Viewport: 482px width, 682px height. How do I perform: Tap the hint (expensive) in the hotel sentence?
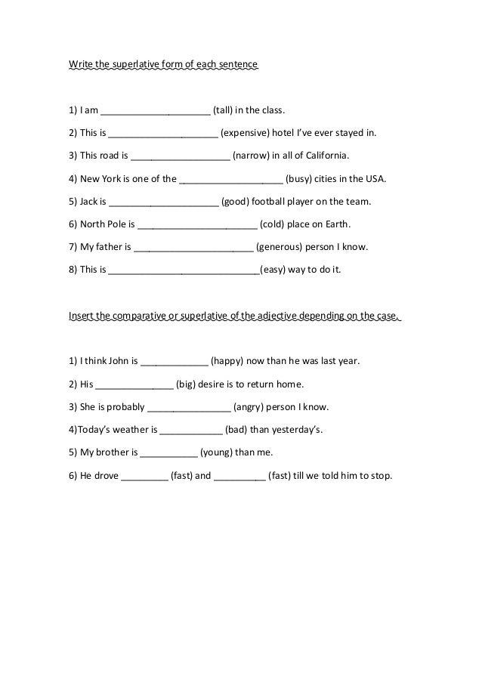[x=246, y=134]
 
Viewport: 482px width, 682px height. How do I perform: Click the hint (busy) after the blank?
[x=300, y=180]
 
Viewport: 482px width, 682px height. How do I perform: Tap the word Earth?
[x=335, y=224]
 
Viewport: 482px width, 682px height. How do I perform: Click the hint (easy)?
[x=274, y=270]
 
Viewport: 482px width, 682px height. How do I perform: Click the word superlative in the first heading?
[x=141, y=65]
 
